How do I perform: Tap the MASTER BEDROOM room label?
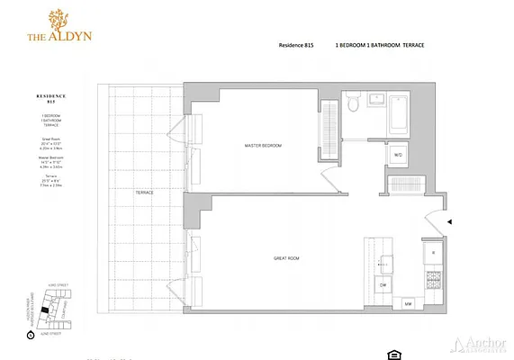pyautogui.click(x=264, y=145)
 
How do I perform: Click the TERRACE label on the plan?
pyautogui.click(x=144, y=192)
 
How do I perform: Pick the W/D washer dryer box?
pyautogui.click(x=398, y=155)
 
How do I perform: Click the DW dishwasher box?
pyautogui.click(x=382, y=285)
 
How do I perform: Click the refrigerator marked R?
pyautogui.click(x=433, y=253)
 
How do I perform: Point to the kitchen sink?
pyautogui.click(x=388, y=262)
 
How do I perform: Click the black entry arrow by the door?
pyautogui.click(x=451, y=221)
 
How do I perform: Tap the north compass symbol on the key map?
pyautogui.click(x=32, y=334)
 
